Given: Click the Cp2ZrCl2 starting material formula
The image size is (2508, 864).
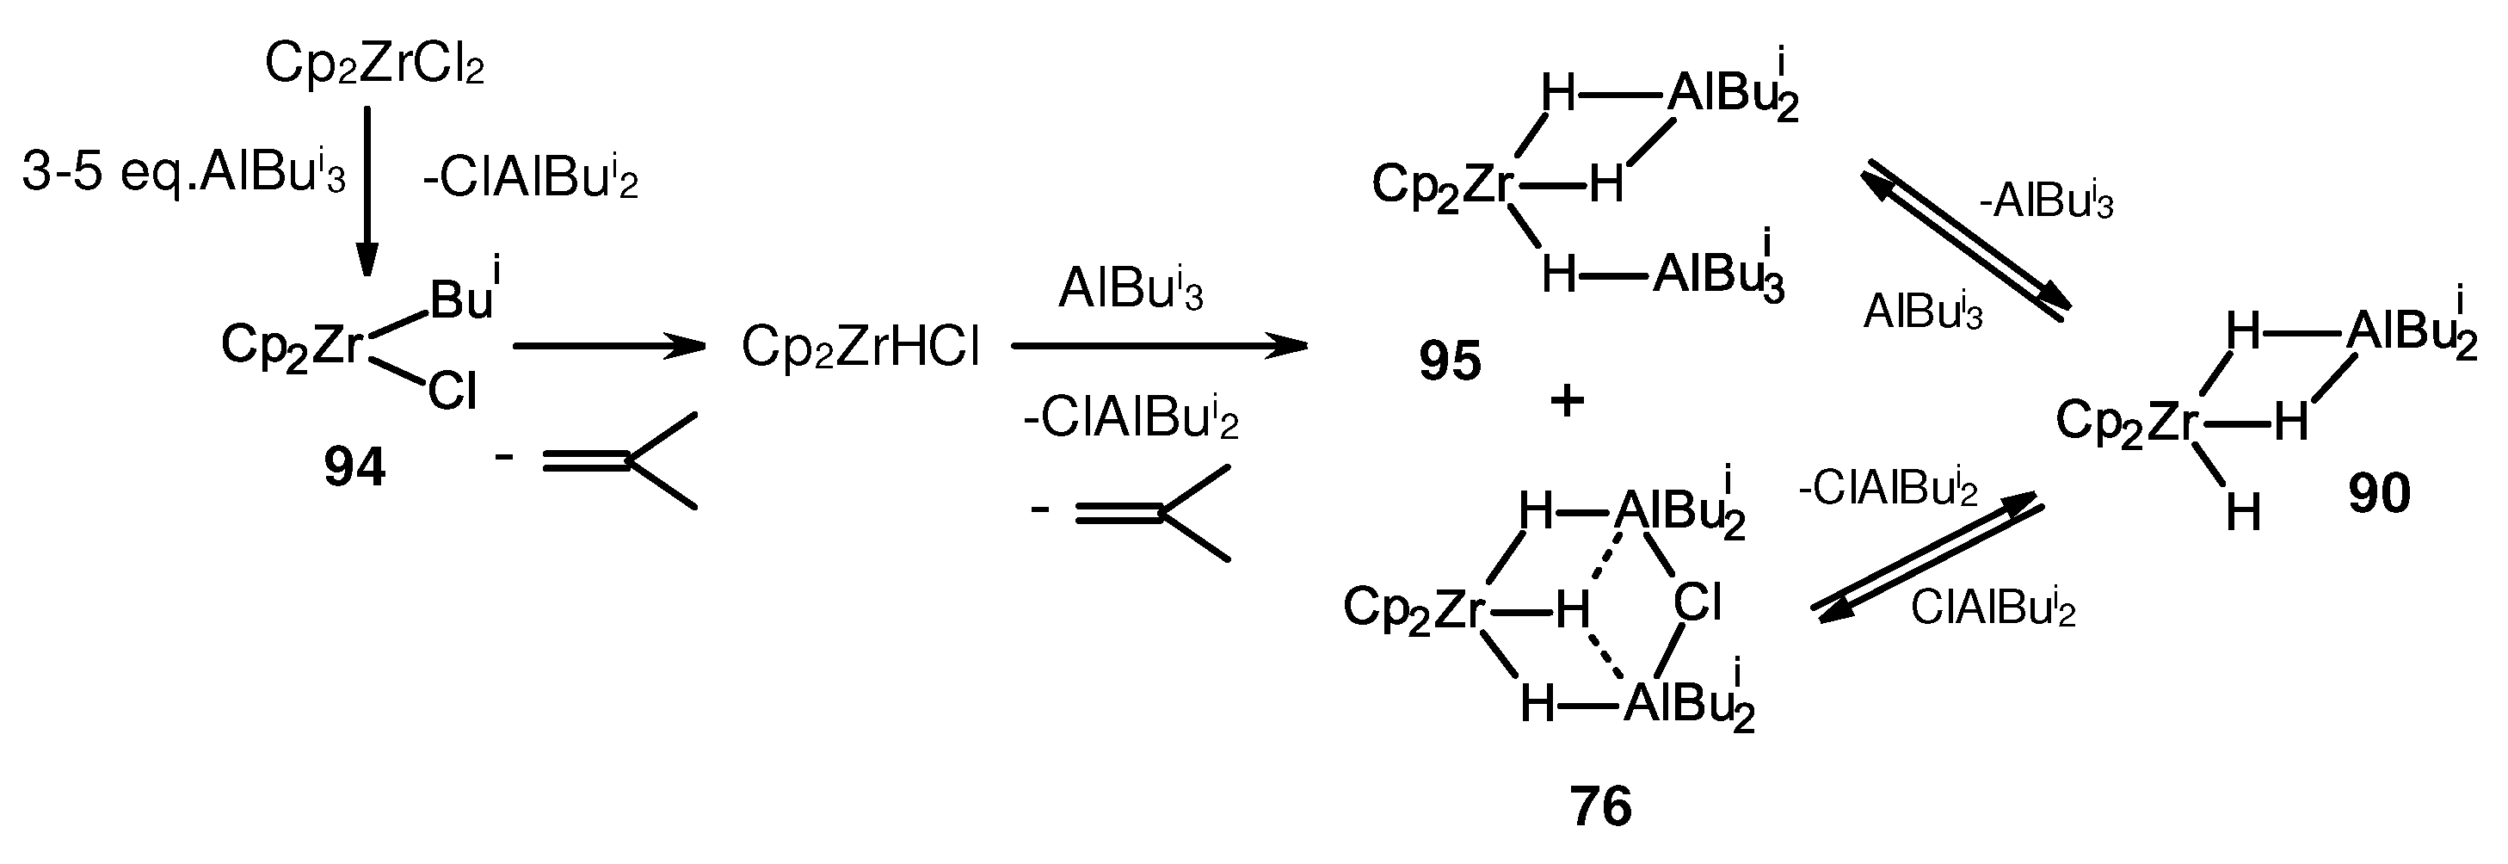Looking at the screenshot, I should (x=374, y=66).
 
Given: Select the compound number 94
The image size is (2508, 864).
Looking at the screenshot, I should (x=354, y=467).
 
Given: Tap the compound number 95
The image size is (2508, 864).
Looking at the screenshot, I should (x=1450, y=361).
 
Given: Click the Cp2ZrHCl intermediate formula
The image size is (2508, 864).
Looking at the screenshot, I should (x=860, y=347).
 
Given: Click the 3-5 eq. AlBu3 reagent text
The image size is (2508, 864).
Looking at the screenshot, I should (x=183, y=176).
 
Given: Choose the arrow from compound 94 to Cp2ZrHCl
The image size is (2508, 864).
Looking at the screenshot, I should (x=607, y=346).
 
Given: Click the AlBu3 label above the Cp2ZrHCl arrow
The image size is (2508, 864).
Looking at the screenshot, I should (x=1131, y=289).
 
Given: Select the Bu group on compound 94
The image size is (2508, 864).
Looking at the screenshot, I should (x=461, y=298).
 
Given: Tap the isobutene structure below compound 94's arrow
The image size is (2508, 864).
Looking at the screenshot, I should (x=619, y=460).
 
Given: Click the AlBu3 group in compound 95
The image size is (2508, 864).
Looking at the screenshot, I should (x=1719, y=273).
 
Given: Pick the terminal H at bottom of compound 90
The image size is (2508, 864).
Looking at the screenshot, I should (x=2243, y=512).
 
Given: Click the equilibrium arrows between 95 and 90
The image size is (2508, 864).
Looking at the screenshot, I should (x=1967, y=243).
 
